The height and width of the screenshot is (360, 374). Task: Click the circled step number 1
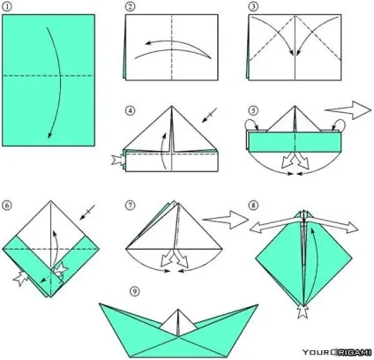(6, 7)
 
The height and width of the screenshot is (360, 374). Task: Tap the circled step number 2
(130, 7)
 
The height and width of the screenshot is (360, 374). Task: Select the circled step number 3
(253, 7)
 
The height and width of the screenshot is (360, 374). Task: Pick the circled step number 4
(131, 111)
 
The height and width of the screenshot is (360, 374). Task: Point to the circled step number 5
(253, 111)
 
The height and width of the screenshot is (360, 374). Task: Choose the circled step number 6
(6, 205)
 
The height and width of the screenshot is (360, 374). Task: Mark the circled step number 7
(130, 205)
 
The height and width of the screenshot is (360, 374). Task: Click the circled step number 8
(253, 205)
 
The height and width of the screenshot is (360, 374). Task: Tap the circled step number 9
(134, 291)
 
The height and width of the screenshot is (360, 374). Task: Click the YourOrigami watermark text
(337, 352)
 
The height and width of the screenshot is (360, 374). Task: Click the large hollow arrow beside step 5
(348, 110)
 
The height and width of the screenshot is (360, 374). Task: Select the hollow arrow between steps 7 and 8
(226, 220)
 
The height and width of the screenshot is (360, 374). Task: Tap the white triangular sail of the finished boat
(178, 322)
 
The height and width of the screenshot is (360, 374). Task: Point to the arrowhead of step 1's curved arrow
(49, 135)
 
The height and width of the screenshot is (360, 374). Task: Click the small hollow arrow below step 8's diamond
(303, 311)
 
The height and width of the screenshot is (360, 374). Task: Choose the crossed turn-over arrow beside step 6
(87, 213)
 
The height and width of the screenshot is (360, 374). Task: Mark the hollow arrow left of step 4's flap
(117, 161)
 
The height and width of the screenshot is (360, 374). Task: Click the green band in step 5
(295, 142)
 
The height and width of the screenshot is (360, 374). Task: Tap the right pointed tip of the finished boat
(258, 305)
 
